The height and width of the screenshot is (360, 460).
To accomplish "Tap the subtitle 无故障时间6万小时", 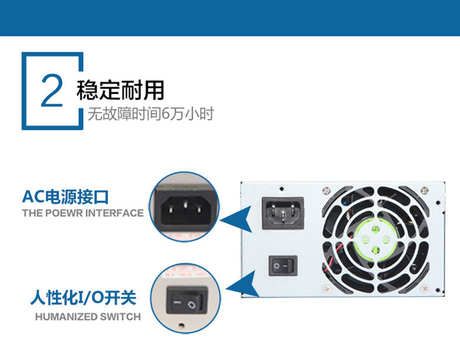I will click(150, 114).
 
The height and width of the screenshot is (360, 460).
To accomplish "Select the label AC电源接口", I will click(65, 196).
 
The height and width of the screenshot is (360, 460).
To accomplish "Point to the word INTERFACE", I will click(114, 213).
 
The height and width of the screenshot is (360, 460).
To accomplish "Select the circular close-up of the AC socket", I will click(185, 207).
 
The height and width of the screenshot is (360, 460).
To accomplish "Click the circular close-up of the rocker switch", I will click(185, 301).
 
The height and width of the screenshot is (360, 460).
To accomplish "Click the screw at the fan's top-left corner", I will click(326, 189).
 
